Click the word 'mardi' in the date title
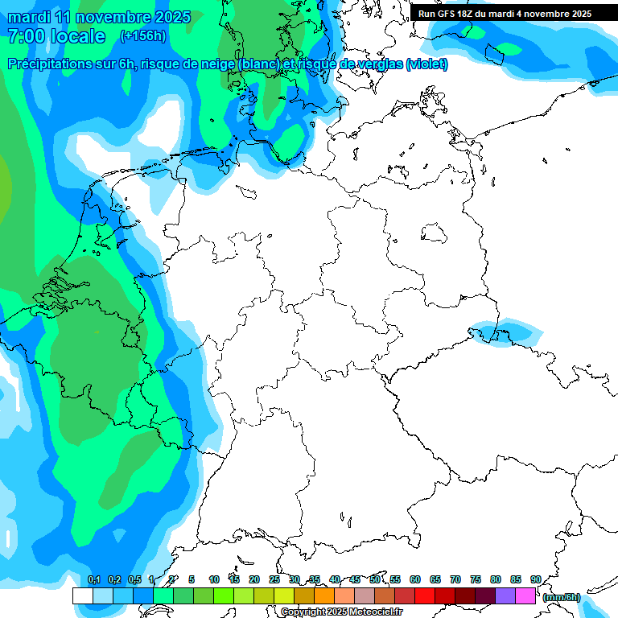29,17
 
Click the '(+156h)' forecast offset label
144,36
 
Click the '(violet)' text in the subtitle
427,64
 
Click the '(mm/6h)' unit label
561,596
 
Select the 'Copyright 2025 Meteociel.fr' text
341,612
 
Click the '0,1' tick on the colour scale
93,579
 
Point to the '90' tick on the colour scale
535,579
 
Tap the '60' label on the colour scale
415,579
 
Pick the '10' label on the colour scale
214,579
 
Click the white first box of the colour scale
82,595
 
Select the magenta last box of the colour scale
525,595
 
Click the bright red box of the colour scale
425,595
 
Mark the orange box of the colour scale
324,595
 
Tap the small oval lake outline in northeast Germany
435,234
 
